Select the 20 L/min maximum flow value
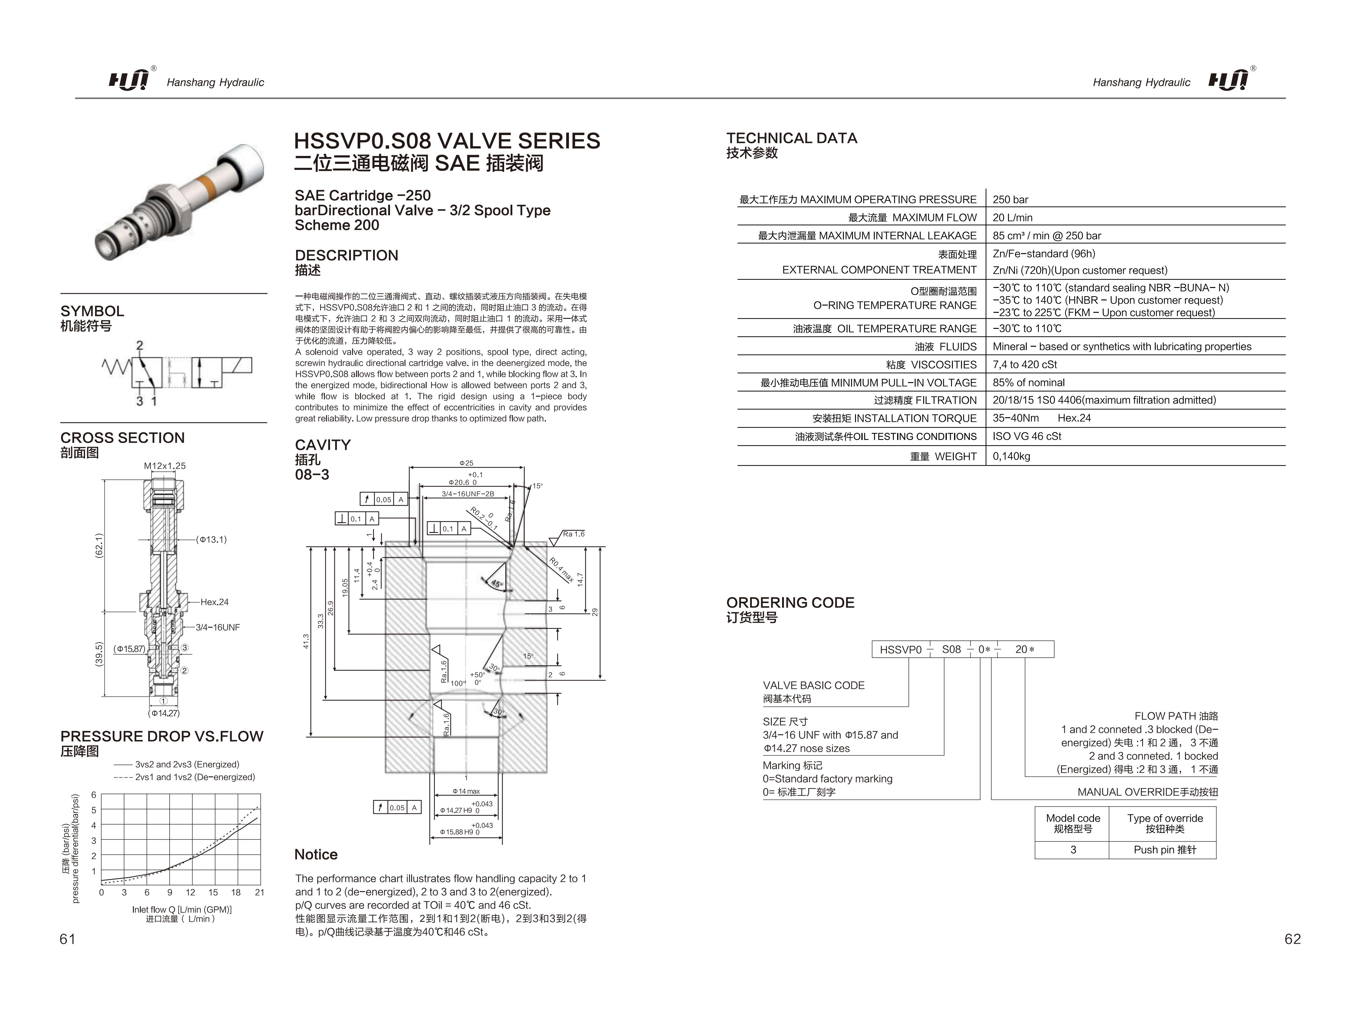coord(1012,217)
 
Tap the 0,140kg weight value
coord(1011,456)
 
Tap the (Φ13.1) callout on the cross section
coord(211,540)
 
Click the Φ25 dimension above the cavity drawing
coord(466,463)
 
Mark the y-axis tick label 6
coord(94,795)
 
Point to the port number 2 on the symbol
coord(140,345)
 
